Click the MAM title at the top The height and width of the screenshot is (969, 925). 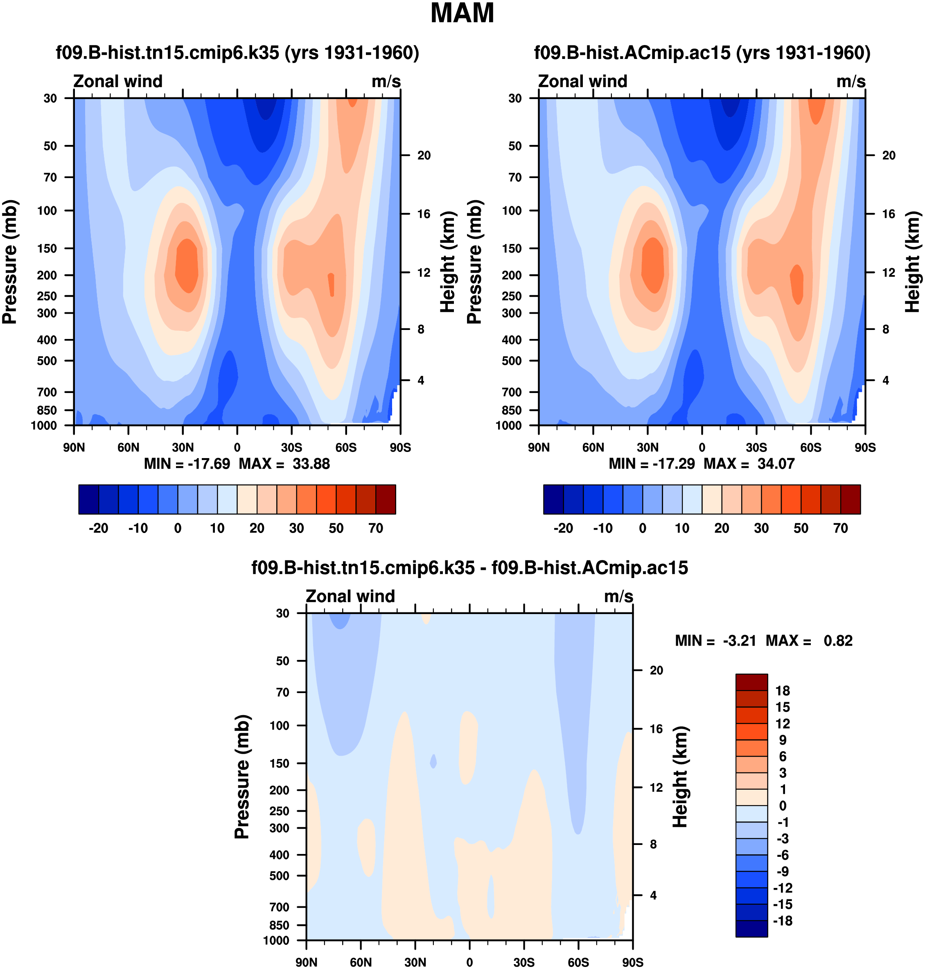[x=462, y=14]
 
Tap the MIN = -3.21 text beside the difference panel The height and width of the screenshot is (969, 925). [x=715, y=641]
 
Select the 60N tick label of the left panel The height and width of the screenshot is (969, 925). [x=128, y=448]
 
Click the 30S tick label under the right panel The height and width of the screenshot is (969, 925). [x=756, y=448]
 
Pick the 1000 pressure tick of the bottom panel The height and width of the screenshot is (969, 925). [x=276, y=941]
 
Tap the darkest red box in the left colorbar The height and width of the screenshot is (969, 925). [x=386, y=499]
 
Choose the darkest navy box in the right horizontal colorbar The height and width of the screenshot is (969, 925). [x=553, y=499]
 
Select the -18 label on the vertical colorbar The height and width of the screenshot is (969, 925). [x=783, y=921]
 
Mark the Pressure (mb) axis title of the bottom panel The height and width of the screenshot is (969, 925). [x=242, y=777]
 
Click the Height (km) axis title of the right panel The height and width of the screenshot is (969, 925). [x=913, y=262]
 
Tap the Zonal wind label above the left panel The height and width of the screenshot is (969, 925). [x=118, y=81]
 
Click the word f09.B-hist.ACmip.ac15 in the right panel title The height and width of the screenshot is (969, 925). [x=632, y=53]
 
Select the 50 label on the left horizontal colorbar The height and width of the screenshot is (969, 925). [x=336, y=529]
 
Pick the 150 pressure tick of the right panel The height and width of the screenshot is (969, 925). [x=512, y=248]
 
